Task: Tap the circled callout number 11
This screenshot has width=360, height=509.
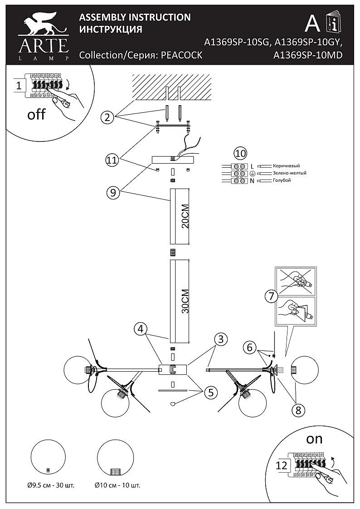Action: (x=112, y=160)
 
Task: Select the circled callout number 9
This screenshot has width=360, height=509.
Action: (x=113, y=193)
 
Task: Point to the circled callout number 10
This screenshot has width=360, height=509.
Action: (x=241, y=154)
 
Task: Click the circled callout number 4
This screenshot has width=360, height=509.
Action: (x=140, y=329)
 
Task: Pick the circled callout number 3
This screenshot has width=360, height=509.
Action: (x=221, y=339)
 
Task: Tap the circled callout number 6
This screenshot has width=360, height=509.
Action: (x=249, y=347)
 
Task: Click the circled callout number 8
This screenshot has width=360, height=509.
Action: (x=298, y=410)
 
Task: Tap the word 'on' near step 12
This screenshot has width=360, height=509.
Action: (x=314, y=439)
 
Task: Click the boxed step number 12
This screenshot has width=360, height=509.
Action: (x=282, y=465)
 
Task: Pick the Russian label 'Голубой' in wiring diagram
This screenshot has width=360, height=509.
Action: (x=282, y=180)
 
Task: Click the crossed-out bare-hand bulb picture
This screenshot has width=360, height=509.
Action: (x=295, y=280)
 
